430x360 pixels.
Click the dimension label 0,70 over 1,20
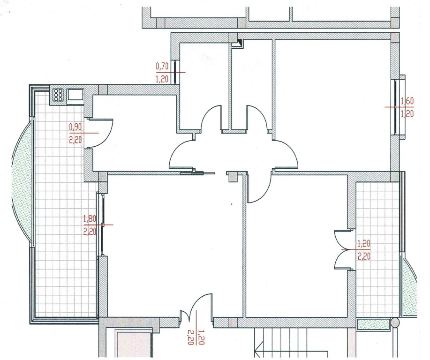click(x=162, y=73)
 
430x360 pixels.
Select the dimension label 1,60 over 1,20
click(x=407, y=107)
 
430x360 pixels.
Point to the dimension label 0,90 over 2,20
click(x=75, y=133)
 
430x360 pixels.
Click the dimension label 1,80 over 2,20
click(x=90, y=225)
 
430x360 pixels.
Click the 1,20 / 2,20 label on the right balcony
click(x=364, y=250)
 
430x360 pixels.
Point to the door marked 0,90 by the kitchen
click(x=101, y=134)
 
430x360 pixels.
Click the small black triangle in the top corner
click(x=240, y=43)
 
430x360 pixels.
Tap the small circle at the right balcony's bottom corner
click(x=395, y=322)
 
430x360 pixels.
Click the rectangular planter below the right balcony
click(x=373, y=324)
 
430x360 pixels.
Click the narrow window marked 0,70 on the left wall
click(x=175, y=72)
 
